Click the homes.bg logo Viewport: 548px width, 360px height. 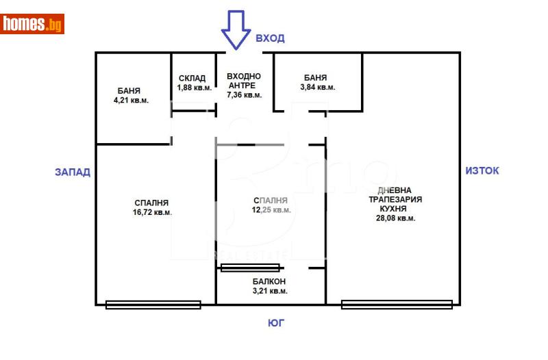(32, 24)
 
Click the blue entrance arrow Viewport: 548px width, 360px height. (236, 31)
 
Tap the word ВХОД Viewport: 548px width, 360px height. (270, 38)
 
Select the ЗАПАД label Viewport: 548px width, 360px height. (73, 172)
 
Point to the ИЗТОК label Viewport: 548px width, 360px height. (482, 170)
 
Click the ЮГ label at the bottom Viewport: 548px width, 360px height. (275, 323)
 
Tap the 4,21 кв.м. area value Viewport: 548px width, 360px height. (131, 100)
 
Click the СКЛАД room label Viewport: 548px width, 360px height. (192, 79)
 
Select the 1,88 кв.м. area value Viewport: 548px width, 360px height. (194, 88)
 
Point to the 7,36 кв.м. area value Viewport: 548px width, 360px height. (245, 95)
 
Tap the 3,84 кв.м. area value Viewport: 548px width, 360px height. (318, 88)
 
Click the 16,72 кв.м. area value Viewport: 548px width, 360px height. (152, 212)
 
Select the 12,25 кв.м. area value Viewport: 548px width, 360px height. (271, 210)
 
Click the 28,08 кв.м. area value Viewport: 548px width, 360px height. (395, 218)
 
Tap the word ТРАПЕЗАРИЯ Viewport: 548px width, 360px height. (395, 200)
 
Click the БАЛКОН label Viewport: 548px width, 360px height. (269, 281)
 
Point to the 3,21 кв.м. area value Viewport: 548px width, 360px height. (269, 291)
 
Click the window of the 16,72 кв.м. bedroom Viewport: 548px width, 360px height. (153, 305)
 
